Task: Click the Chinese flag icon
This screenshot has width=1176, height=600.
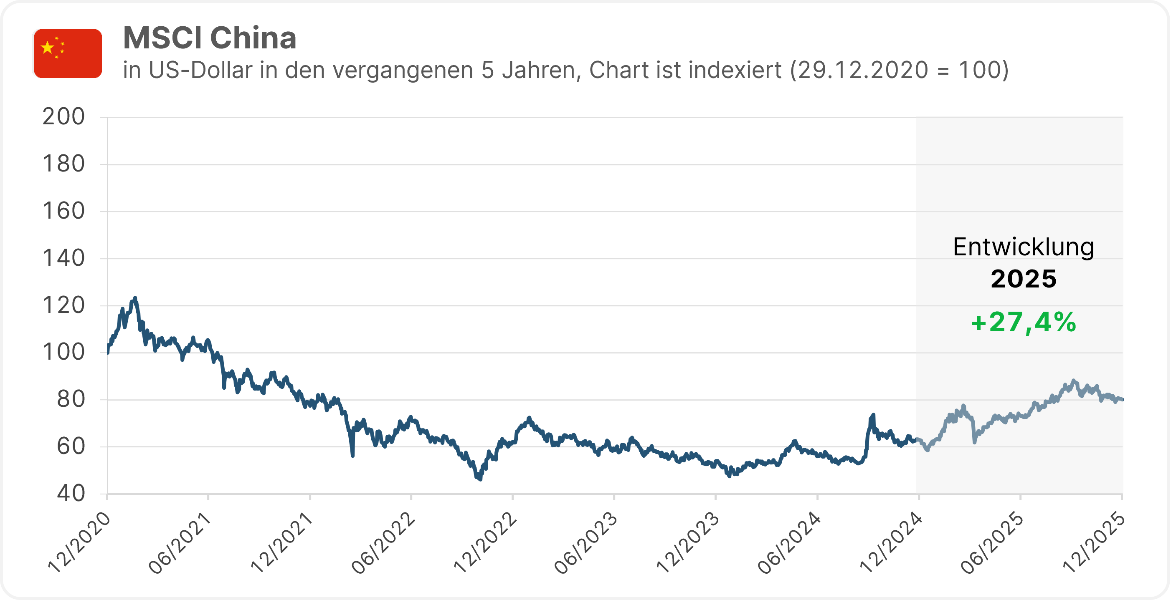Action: (68, 53)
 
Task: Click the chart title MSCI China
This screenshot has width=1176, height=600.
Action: (210, 38)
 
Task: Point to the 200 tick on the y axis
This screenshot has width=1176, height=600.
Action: (63, 117)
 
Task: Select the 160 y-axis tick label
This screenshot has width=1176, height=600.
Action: (63, 211)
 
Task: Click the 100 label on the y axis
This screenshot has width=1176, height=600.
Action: (63, 352)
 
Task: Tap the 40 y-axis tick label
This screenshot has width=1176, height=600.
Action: (71, 493)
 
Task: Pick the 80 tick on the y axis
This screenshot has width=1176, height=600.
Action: (71, 400)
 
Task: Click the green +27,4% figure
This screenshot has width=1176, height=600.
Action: (1024, 322)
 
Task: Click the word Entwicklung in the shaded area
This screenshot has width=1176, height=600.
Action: (1024, 247)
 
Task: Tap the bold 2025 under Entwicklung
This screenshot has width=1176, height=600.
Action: (1024, 279)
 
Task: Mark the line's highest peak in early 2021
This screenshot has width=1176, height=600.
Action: (134, 299)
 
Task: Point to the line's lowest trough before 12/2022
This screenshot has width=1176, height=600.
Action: (480, 478)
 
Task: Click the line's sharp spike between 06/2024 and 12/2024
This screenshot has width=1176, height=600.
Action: (873, 416)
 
